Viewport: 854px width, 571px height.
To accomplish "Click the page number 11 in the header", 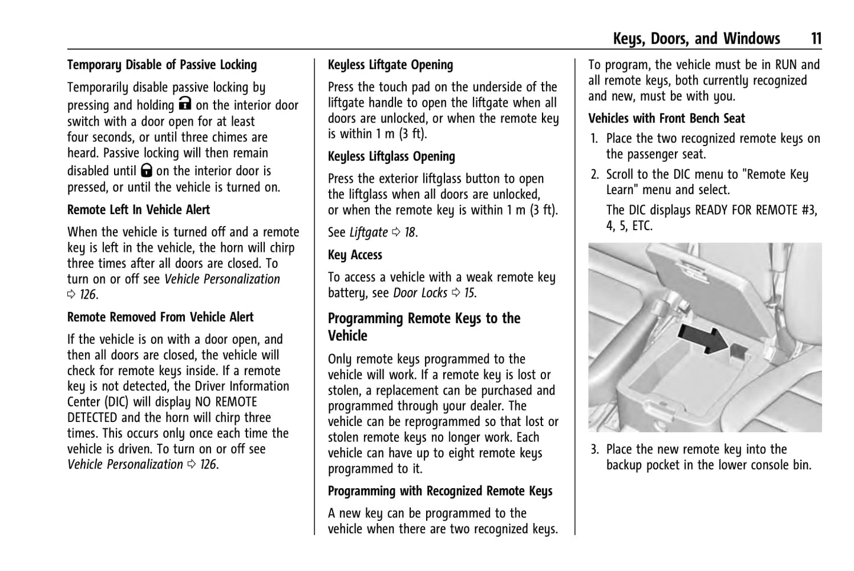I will (815, 39).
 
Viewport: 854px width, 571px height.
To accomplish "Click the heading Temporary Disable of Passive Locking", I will (162, 65).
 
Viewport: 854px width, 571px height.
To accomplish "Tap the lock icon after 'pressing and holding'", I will (185, 104).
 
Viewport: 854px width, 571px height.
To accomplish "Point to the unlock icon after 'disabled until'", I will (147, 170).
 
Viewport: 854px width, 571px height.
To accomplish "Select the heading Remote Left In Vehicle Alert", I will (138, 210).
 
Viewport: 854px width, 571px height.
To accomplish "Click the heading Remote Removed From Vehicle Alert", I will (160, 317).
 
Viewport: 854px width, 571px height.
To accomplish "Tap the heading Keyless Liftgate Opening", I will (390, 65).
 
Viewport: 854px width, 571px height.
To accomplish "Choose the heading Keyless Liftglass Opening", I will (391, 157).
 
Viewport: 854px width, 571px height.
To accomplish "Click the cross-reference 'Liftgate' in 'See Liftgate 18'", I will (369, 233).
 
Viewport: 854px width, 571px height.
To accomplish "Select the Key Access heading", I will (355, 255).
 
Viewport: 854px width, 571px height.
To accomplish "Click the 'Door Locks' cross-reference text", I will (420, 293).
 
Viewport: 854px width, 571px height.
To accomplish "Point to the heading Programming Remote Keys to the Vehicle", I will (424, 327).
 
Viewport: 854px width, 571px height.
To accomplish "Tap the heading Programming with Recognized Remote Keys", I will (440, 491).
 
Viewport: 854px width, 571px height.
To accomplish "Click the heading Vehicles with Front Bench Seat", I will (666, 118).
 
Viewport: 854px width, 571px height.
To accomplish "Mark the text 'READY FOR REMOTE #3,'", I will (756, 211).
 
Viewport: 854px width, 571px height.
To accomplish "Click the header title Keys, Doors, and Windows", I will (696, 39).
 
